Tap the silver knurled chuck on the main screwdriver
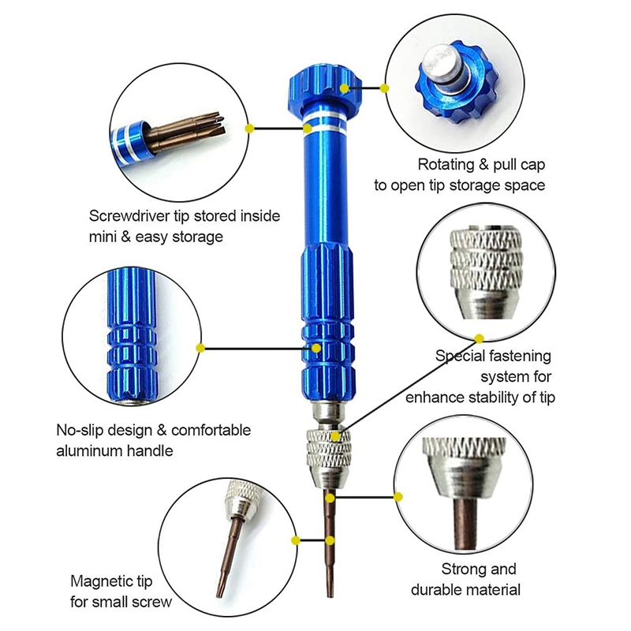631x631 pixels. tap(325, 454)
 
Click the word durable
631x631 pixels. tap(439, 589)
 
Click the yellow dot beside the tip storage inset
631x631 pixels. tap(249, 127)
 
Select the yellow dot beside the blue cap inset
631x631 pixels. tap(386, 88)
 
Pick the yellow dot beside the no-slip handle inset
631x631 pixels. tap(200, 348)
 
